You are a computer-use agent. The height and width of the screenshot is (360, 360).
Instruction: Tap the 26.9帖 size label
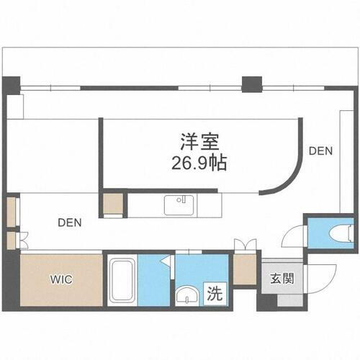click(199, 163)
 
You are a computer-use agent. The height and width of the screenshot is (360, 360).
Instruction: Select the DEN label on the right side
click(320, 151)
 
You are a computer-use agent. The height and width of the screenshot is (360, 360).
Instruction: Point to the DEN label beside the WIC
click(71, 222)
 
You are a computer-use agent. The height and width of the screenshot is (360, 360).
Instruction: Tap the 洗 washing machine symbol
click(215, 294)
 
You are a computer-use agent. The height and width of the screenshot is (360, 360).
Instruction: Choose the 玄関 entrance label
click(282, 279)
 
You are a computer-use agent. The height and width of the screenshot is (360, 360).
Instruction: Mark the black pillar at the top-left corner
click(12, 84)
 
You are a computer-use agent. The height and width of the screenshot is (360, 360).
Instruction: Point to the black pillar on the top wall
click(251, 84)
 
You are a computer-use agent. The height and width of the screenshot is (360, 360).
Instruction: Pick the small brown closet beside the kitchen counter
click(112, 204)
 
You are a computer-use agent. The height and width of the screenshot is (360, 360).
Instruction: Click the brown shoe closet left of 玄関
click(245, 269)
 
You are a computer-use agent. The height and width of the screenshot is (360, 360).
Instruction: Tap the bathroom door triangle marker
click(165, 261)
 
